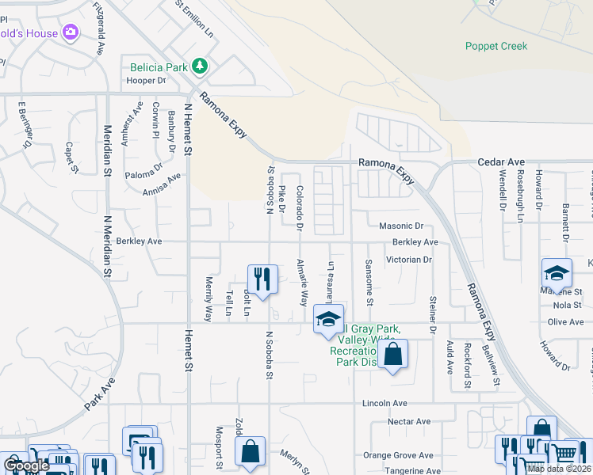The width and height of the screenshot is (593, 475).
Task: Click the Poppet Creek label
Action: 495,46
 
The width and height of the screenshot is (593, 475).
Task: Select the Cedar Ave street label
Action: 495,162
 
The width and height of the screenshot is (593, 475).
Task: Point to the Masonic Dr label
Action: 402,226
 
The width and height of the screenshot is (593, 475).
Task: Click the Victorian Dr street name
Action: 408,259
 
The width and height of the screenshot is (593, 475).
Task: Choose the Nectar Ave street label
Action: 409,421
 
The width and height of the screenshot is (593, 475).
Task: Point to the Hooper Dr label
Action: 146,81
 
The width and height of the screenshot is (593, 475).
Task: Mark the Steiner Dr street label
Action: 433,313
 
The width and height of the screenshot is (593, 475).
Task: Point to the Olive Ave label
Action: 565,322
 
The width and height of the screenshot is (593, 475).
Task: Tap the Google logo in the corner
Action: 25,465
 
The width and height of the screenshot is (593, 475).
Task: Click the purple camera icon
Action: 71,32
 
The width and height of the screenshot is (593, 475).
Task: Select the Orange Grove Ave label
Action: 398,455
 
